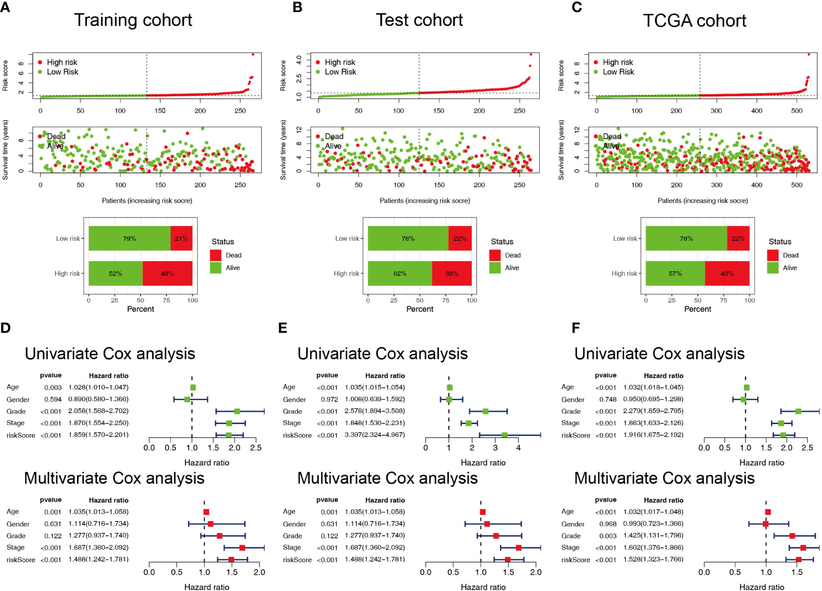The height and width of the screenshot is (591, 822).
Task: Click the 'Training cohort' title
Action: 133,20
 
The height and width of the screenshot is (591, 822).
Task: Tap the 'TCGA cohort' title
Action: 694,20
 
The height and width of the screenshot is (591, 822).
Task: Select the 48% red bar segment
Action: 167,273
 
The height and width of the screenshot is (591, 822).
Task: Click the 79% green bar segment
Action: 130,238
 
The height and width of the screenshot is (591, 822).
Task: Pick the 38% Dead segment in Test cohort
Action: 452,273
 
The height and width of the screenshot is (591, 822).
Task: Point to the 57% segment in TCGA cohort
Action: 675,273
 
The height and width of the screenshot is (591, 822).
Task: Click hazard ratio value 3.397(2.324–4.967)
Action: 375,435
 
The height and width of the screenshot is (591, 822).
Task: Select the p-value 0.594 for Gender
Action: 53,399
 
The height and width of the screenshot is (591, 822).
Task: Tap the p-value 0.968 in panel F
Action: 608,524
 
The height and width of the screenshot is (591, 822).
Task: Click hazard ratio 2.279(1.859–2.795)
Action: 653,411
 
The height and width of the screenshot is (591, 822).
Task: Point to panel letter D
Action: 5,327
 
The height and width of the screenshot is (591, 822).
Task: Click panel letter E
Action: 283,327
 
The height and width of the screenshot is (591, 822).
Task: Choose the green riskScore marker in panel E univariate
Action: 504,435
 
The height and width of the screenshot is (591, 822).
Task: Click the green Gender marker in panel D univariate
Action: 187,399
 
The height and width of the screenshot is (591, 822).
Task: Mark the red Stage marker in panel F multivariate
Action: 803,548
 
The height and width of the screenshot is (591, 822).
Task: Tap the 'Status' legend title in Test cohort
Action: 502,241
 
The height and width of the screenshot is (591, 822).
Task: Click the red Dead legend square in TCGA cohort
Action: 773,255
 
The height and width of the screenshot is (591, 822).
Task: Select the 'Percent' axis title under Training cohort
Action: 141,309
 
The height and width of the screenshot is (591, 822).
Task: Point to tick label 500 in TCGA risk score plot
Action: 797,111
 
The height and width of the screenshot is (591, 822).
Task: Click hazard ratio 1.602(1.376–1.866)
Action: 653,547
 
